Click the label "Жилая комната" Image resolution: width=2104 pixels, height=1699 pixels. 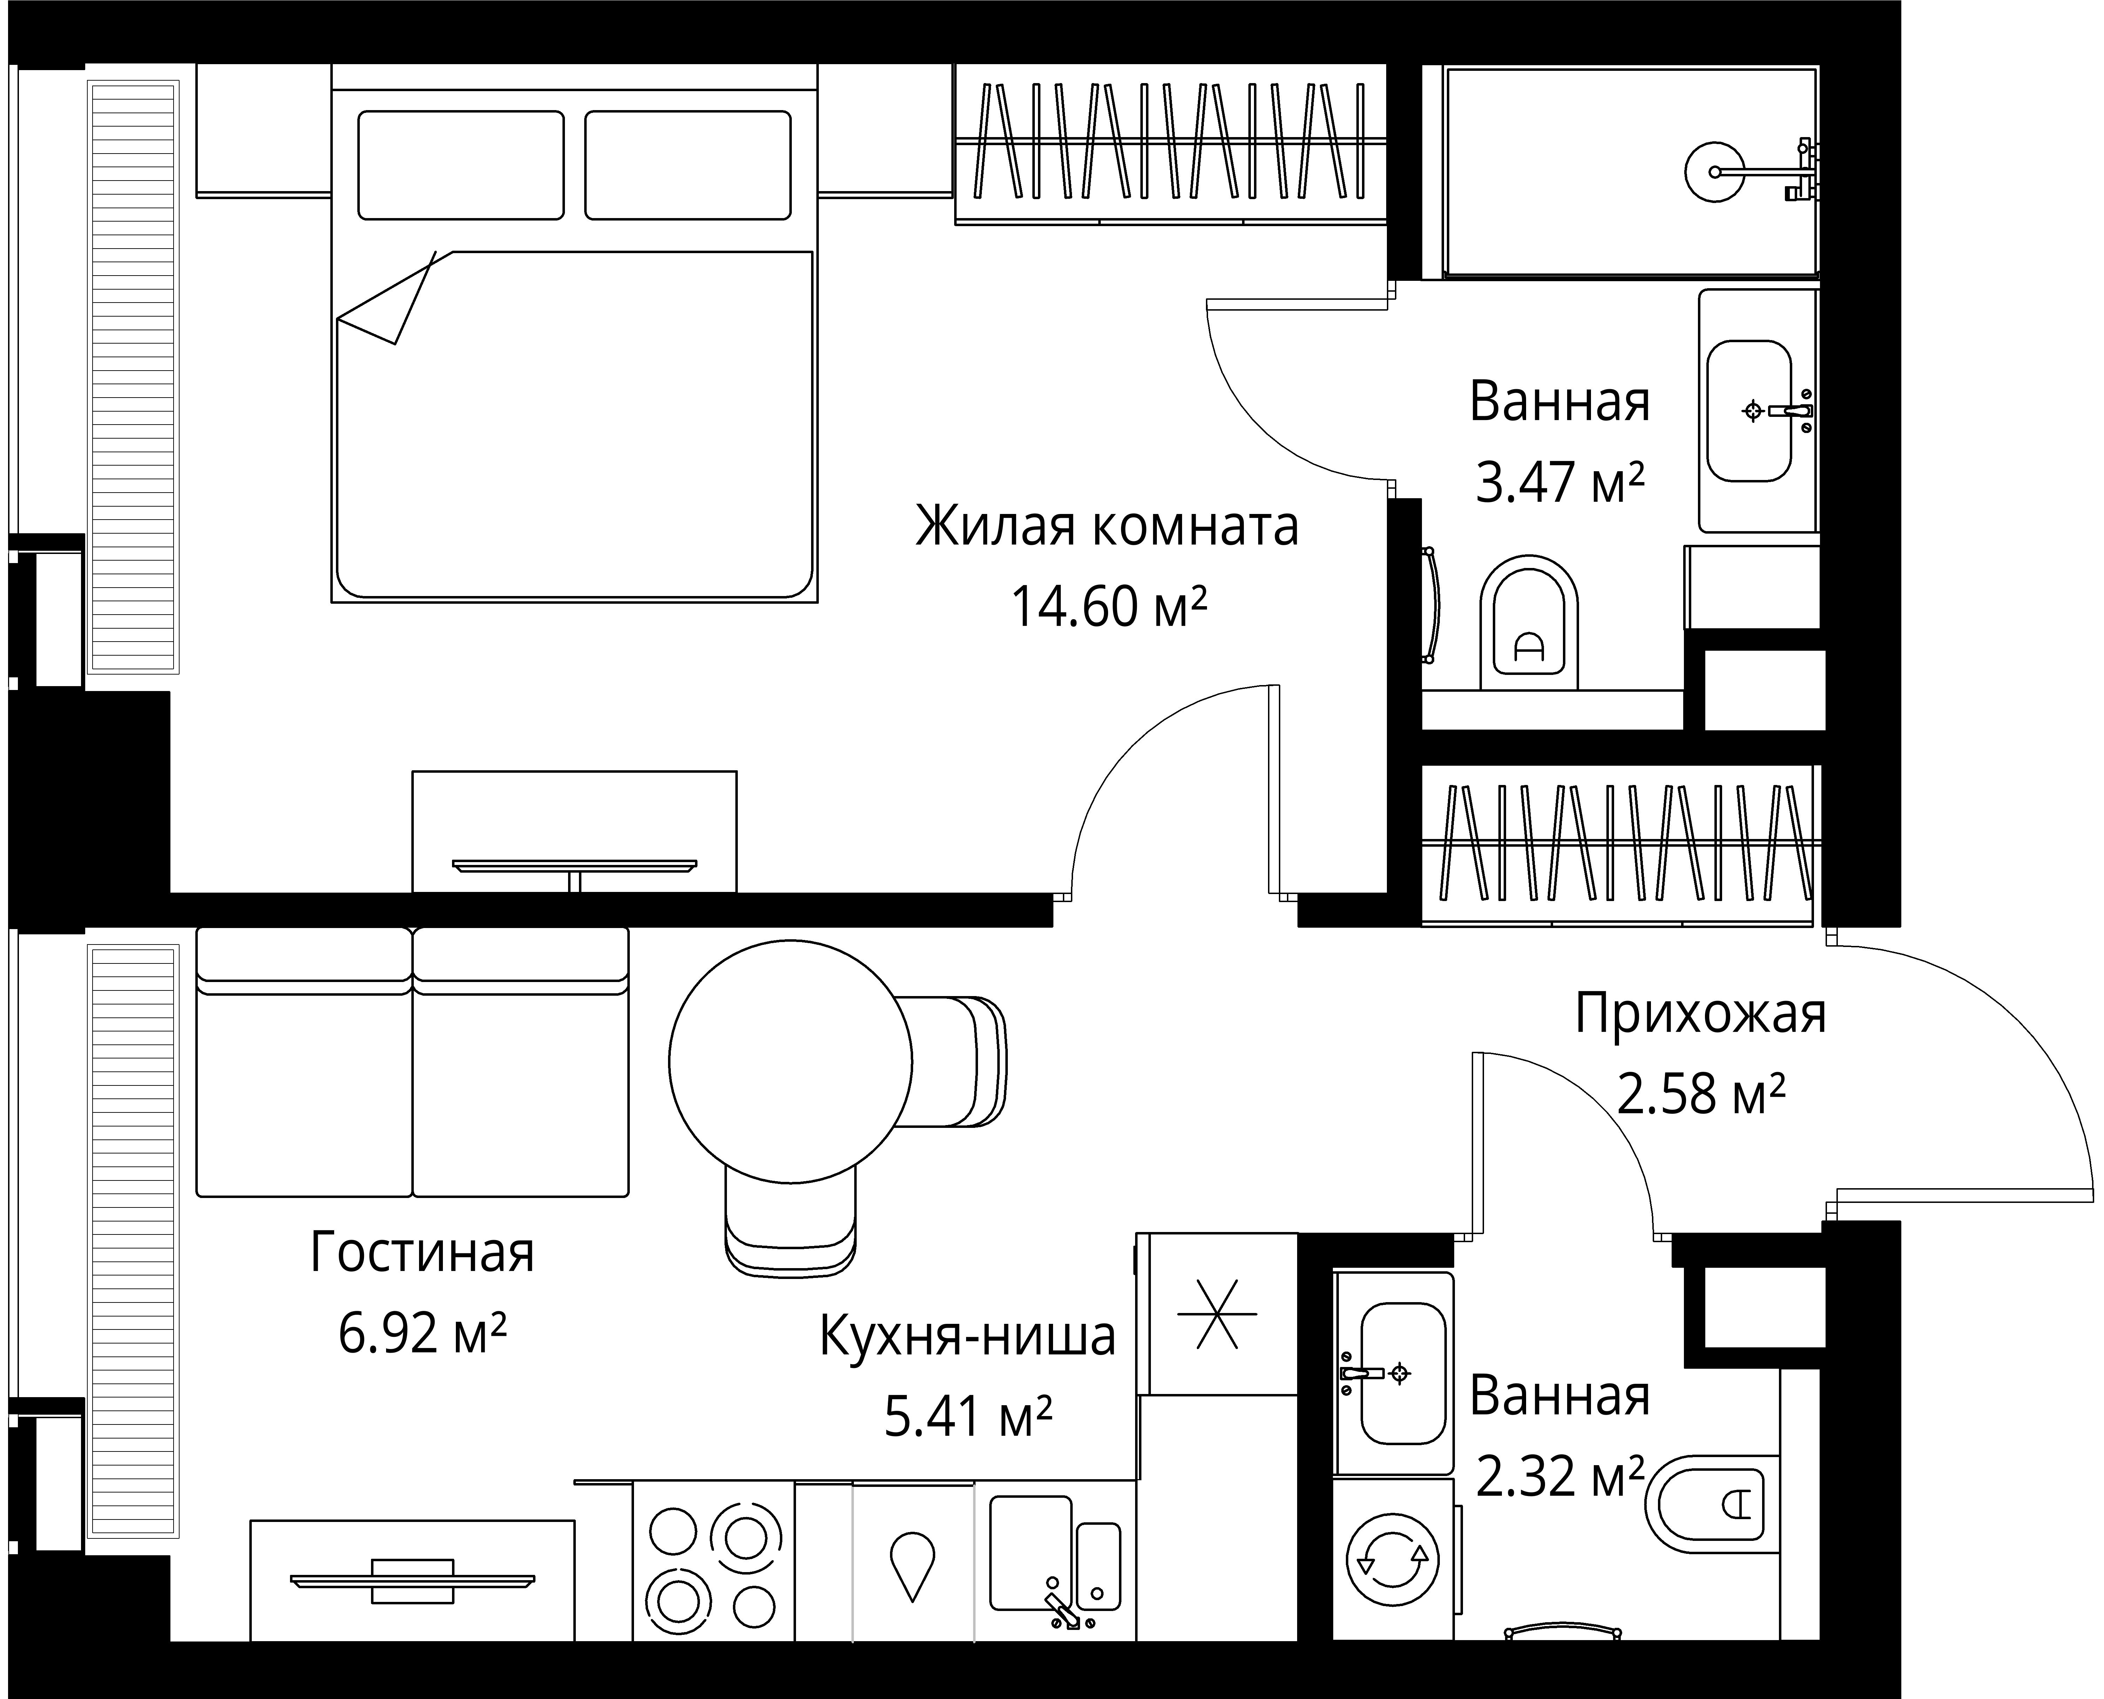[1107, 528]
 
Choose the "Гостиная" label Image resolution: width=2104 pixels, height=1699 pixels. [423, 1253]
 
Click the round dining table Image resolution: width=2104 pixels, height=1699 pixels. [791, 1062]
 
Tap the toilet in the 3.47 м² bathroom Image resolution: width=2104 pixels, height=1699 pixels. [1530, 623]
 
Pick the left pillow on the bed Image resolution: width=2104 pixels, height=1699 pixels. [461, 164]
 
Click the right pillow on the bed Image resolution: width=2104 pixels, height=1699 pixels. [688, 164]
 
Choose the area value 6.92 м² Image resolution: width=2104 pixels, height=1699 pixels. [423, 1333]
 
